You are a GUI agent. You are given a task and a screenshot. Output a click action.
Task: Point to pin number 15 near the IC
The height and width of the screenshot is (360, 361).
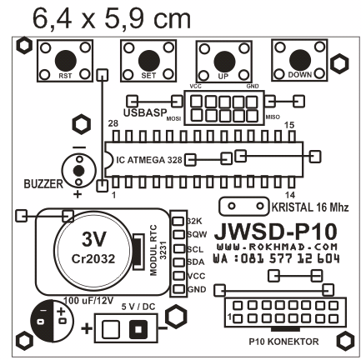[291, 124]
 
